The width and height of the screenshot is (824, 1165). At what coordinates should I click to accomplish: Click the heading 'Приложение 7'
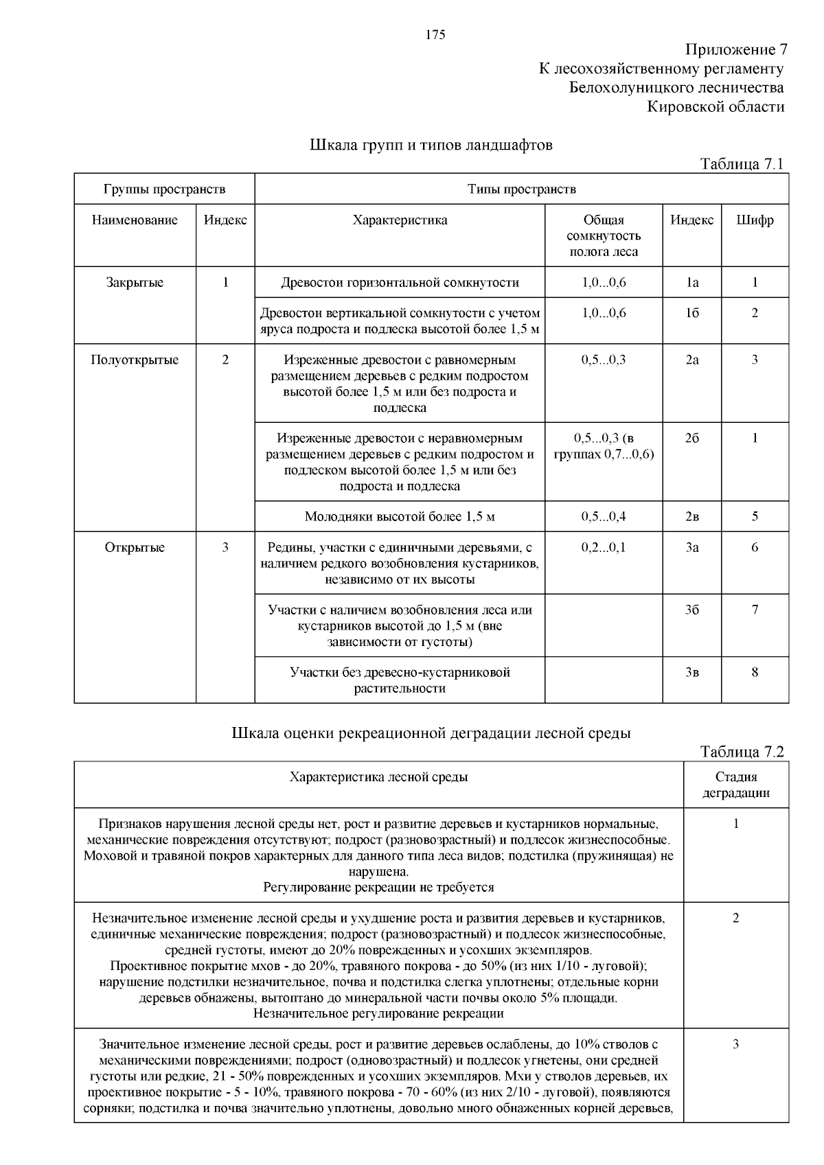735,50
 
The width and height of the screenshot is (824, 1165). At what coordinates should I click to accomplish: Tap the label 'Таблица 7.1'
741,164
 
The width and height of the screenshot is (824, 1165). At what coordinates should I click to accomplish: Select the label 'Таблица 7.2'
741,752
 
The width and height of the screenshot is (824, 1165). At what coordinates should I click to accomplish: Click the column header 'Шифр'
755,220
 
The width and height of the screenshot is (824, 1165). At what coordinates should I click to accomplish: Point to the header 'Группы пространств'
164,189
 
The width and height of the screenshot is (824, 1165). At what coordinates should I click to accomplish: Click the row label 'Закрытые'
135,283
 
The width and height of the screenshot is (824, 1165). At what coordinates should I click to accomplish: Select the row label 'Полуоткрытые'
135,360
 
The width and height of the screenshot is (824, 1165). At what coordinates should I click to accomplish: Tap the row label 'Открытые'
135,548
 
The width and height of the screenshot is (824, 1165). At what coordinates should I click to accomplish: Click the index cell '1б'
691,314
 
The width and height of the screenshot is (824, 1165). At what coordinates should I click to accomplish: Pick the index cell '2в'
691,517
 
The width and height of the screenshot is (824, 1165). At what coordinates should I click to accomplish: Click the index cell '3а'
691,548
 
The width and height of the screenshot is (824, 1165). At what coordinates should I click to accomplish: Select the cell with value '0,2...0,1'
603,548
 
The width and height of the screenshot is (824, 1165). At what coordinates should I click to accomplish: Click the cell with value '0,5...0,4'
603,517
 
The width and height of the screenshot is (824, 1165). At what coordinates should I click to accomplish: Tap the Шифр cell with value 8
755,673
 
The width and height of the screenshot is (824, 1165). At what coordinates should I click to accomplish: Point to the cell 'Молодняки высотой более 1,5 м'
400,517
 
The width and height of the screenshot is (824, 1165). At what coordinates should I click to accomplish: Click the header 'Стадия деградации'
735,785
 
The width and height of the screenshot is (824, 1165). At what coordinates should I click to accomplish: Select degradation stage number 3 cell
735,1045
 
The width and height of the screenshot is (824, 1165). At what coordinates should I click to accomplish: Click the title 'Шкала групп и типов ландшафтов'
431,146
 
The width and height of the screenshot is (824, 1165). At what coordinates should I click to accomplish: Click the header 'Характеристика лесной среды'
378,778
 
